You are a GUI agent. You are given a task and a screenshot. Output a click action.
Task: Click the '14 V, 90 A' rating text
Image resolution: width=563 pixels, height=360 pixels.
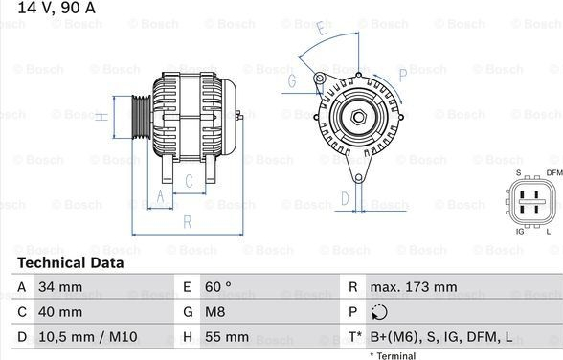[x=56, y=7]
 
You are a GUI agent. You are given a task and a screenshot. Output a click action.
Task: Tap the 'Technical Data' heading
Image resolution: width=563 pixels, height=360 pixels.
[x=71, y=262]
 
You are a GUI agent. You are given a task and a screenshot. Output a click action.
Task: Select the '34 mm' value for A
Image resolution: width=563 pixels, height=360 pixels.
[x=60, y=287]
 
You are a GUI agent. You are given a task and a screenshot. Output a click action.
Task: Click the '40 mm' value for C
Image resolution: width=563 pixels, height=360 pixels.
[x=60, y=312]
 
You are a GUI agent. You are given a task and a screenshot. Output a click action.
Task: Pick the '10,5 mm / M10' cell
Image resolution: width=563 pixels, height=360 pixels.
[x=88, y=337]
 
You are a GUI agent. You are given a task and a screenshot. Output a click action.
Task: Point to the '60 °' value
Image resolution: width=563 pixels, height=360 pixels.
[x=218, y=287]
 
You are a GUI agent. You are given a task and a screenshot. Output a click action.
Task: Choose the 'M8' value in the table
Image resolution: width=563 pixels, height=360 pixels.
[x=215, y=312]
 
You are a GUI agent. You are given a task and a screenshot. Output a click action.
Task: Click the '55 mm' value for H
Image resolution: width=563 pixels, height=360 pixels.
[x=227, y=337]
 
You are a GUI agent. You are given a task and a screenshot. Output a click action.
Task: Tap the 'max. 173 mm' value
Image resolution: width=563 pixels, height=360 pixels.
[x=414, y=287]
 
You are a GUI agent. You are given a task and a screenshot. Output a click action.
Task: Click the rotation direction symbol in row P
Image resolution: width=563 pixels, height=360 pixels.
[x=379, y=312]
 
